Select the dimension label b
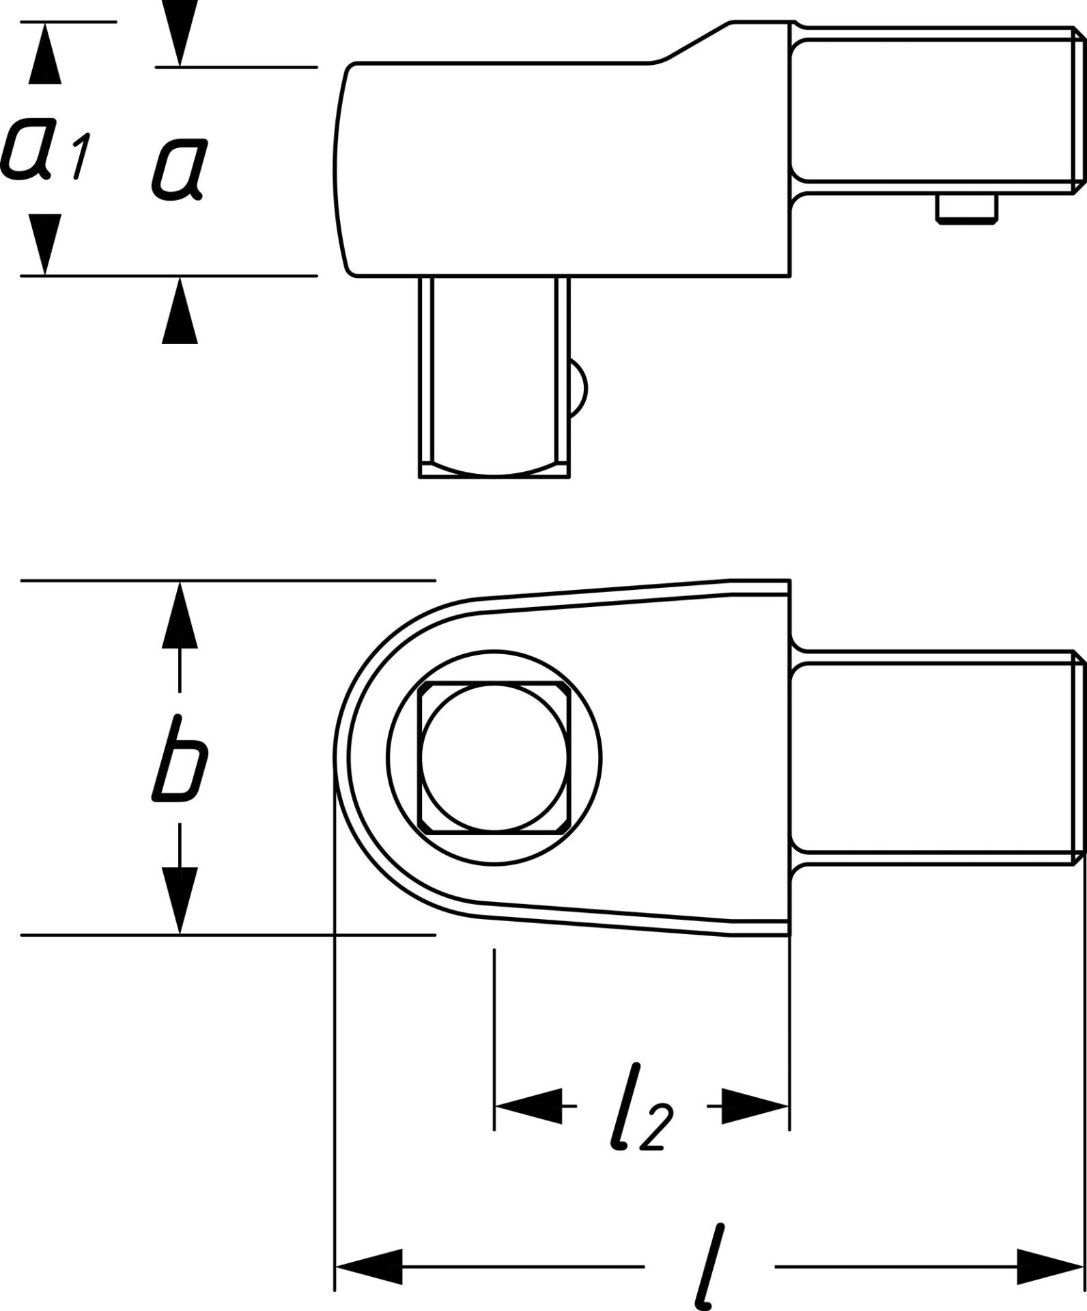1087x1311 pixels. pyautogui.click(x=179, y=759)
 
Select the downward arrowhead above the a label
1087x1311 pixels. pyautogui.click(x=180, y=34)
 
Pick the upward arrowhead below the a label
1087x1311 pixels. pyautogui.click(x=180, y=310)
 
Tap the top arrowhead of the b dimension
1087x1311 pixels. pyautogui.click(x=180, y=615)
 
